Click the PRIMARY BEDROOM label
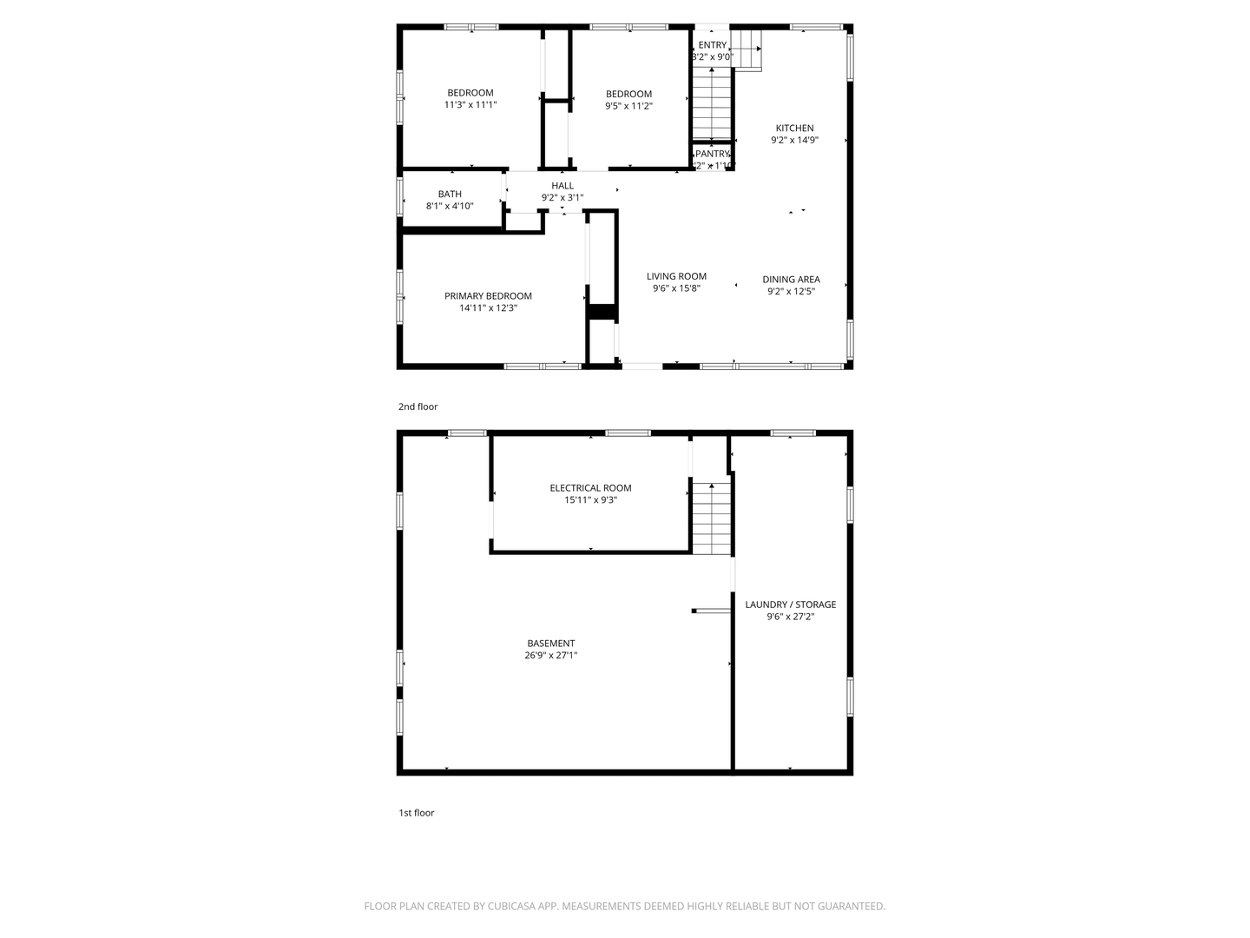click(488, 296)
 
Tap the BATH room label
click(450, 195)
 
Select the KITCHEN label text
click(794, 129)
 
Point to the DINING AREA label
click(791, 280)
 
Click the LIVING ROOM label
click(676, 276)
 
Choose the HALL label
click(562, 186)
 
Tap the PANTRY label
click(713, 154)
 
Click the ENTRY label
click(712, 45)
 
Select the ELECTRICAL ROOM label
click(590, 488)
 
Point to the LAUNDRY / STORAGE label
click(790, 604)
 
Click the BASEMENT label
click(550, 644)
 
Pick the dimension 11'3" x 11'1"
click(470, 105)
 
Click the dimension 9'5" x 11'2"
click(628, 106)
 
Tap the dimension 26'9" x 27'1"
click(550, 656)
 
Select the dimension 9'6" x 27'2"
click(790, 617)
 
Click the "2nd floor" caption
click(418, 406)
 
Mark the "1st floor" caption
click(416, 813)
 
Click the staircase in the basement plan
click(711, 519)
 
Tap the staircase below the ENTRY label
click(711, 106)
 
